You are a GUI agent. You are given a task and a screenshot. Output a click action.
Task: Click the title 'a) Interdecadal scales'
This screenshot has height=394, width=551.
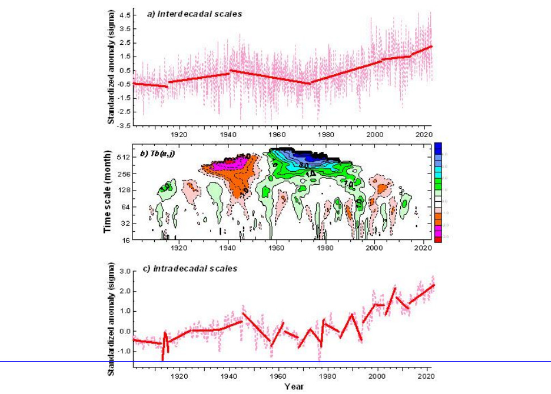[x=194, y=14]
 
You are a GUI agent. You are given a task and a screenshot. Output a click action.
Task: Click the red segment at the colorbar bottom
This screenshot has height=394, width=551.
[x=438, y=239]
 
